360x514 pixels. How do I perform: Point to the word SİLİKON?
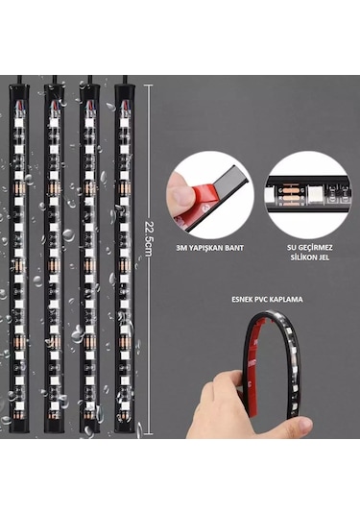303,257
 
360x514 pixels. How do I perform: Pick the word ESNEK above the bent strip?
243,300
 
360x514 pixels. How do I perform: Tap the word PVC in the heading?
262,300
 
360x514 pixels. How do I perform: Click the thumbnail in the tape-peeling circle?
180,196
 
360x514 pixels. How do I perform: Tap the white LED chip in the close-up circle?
317,195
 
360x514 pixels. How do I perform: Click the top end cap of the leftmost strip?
18,90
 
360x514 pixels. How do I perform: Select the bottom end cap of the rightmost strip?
125,427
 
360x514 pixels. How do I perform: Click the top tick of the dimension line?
149,86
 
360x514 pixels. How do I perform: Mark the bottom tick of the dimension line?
149,434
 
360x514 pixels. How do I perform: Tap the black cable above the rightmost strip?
125,80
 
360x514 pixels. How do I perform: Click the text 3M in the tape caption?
180,248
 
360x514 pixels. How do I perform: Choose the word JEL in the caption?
324,257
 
